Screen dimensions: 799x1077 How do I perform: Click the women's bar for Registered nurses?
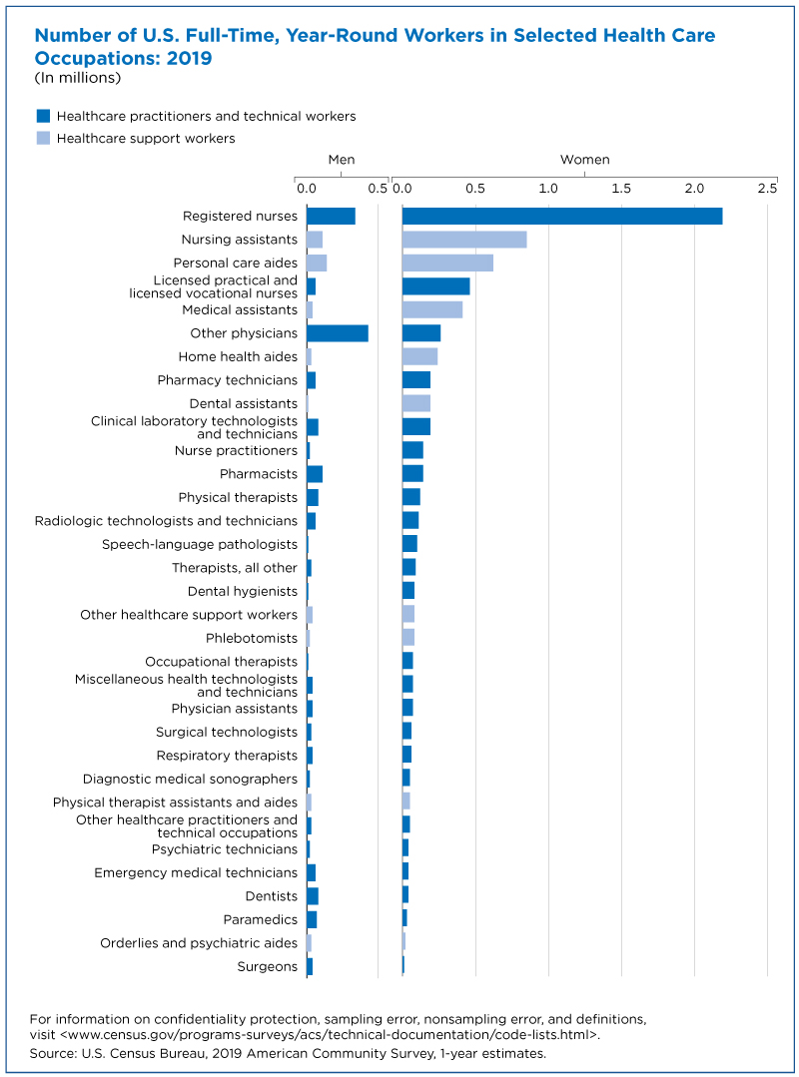pyautogui.click(x=562, y=216)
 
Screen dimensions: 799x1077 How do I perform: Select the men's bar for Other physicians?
pyautogui.click(x=338, y=333)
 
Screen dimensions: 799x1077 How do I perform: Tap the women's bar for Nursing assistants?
pyautogui.click(x=464, y=239)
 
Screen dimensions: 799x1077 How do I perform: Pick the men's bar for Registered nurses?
pyautogui.click(x=332, y=216)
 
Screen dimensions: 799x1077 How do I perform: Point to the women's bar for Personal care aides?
pyautogui.click(x=447, y=263)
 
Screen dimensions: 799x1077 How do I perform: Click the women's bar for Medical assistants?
pyautogui.click(x=432, y=309)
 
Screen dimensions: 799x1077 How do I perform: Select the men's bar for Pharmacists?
pyautogui.click(x=315, y=474)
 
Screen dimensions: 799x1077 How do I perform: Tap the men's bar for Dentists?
pyautogui.click(x=313, y=895)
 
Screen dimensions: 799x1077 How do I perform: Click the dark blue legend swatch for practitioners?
pyautogui.click(x=43, y=116)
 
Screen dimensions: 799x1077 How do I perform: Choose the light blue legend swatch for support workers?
pyautogui.click(x=43, y=138)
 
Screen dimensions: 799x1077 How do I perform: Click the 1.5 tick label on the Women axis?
pyautogui.click(x=621, y=189)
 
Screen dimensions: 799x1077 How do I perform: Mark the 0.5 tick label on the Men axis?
pyautogui.click(x=378, y=189)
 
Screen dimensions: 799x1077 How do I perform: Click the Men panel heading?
pyautogui.click(x=342, y=160)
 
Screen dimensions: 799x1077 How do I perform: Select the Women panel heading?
pyautogui.click(x=584, y=160)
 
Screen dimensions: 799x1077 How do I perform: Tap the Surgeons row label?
pyautogui.click(x=268, y=966)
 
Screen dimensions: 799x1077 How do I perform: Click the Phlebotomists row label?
pyautogui.click(x=252, y=638)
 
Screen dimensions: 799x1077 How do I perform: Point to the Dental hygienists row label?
pyautogui.click(x=243, y=591)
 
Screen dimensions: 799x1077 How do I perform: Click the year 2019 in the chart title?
pyautogui.click(x=190, y=58)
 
